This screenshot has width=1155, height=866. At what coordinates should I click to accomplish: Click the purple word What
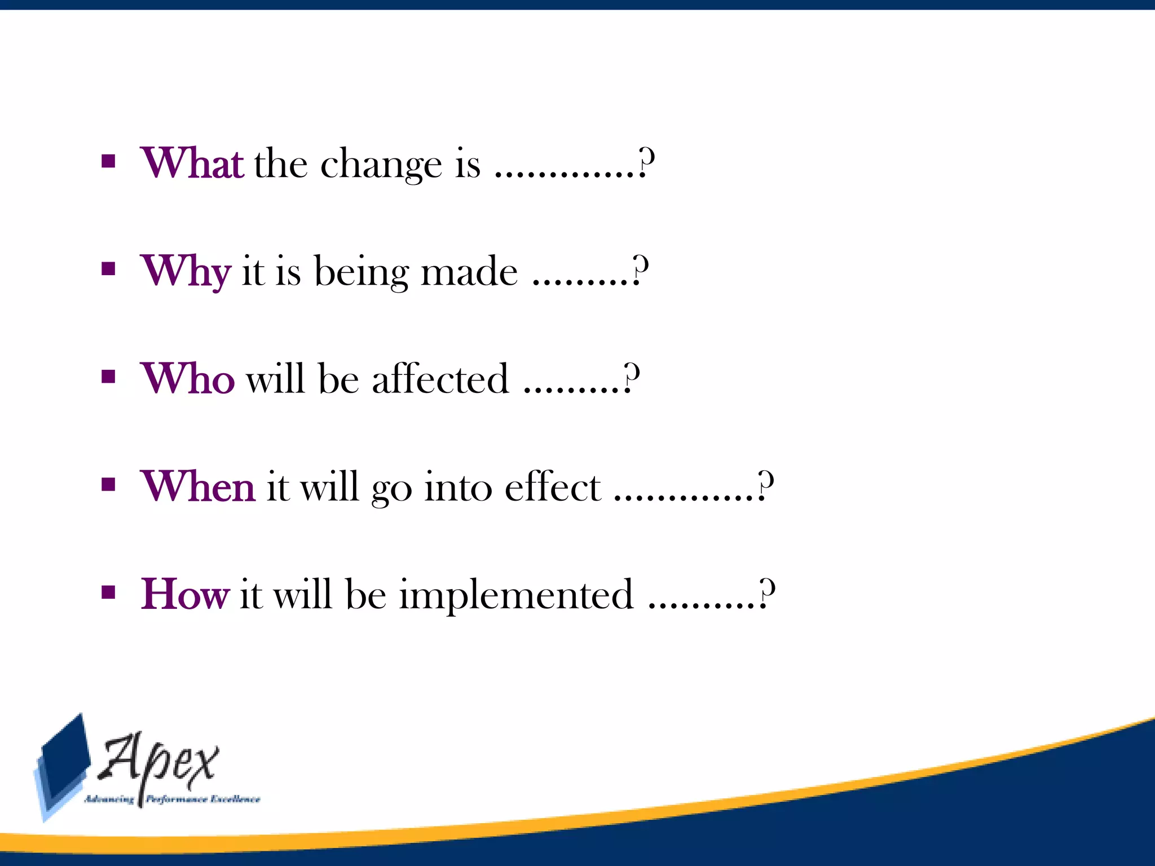(x=192, y=164)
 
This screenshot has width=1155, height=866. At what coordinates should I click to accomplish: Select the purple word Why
(x=186, y=271)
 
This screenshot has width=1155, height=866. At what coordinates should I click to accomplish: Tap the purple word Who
(x=187, y=378)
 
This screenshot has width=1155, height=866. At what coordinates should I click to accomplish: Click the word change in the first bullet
(x=381, y=165)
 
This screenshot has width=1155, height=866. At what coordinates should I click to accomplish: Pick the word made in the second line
(x=469, y=271)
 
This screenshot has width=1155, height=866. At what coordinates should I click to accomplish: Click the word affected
(x=440, y=378)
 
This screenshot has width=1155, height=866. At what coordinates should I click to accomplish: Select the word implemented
(x=516, y=595)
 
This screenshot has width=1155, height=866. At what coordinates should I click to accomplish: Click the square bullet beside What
(x=108, y=162)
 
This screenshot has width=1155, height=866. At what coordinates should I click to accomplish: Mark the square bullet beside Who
(x=108, y=377)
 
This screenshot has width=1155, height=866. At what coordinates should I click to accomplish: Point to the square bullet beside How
(x=108, y=592)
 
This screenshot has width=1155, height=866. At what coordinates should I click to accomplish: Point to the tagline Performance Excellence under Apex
(x=203, y=799)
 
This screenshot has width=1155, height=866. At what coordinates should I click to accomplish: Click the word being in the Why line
(x=361, y=272)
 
